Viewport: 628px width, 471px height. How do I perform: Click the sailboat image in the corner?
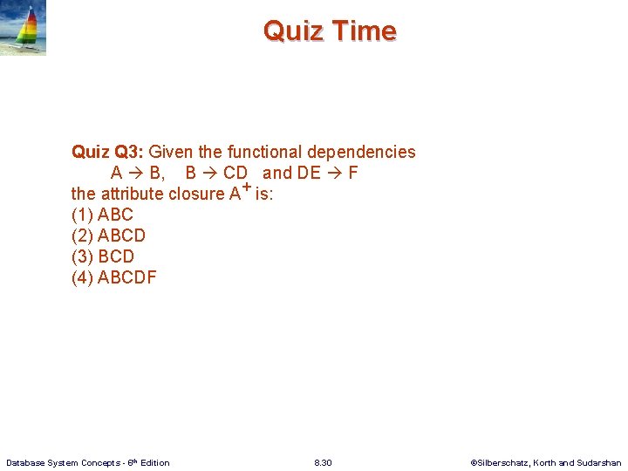click(x=24, y=28)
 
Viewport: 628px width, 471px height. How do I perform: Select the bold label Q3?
click(x=129, y=152)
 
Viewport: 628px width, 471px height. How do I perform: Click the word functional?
click(x=264, y=152)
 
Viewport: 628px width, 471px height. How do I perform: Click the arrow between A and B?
click(x=136, y=173)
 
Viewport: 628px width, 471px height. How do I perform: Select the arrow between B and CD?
click(x=209, y=173)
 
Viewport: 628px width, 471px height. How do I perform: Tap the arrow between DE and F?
click(x=335, y=173)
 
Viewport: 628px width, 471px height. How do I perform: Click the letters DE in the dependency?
click(x=309, y=173)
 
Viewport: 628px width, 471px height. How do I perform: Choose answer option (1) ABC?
click(x=102, y=215)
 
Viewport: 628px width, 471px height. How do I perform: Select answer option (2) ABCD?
click(x=108, y=235)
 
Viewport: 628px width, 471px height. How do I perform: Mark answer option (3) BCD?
click(x=103, y=256)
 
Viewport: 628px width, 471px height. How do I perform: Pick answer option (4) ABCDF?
click(x=113, y=277)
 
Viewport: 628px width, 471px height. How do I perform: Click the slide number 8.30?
click(x=323, y=462)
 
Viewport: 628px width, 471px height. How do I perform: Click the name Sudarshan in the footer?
click(x=599, y=462)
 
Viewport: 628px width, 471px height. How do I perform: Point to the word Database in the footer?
click(x=26, y=462)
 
